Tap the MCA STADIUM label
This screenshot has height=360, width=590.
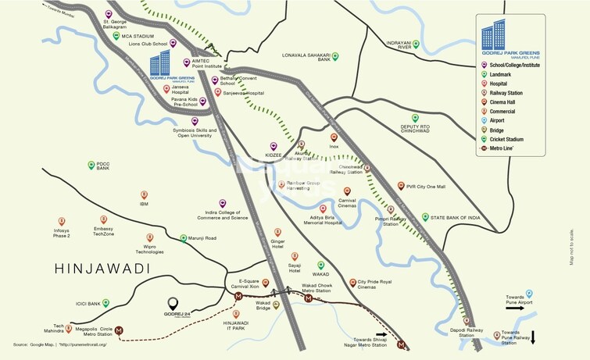click(x=138, y=37)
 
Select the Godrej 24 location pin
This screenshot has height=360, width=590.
click(x=173, y=303)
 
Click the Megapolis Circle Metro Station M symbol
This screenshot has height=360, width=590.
click(x=119, y=330)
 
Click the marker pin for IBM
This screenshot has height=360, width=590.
click(x=144, y=194)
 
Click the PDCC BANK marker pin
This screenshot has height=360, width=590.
click(x=91, y=165)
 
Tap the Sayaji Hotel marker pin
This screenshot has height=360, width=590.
click(x=295, y=256)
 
